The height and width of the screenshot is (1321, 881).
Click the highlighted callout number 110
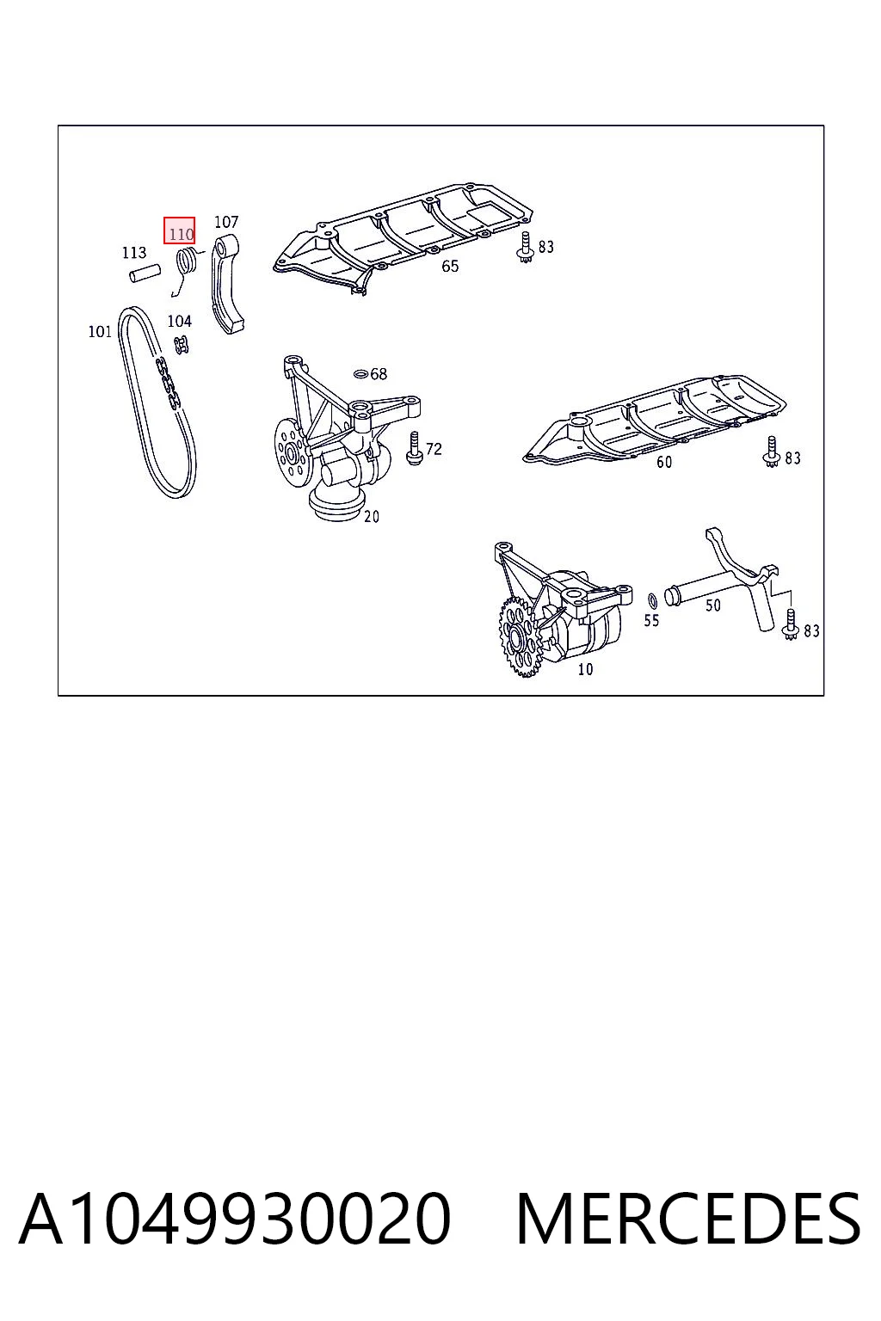(181, 234)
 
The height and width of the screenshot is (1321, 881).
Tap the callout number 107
(226, 222)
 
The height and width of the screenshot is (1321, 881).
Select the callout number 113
(134, 252)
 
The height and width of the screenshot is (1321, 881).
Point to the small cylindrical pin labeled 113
(145, 273)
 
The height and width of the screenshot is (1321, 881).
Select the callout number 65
(450, 266)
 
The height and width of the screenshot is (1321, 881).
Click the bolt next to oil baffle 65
(524, 247)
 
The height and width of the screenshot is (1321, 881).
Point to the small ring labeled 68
(360, 373)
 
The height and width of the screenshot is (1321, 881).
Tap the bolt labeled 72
(414, 449)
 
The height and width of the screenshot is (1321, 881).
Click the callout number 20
(371, 516)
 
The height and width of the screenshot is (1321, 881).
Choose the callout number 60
(664, 462)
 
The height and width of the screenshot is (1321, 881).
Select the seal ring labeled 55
(653, 600)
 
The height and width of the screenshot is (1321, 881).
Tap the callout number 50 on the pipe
(713, 605)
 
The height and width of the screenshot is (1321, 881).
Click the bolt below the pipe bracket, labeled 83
(790, 624)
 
